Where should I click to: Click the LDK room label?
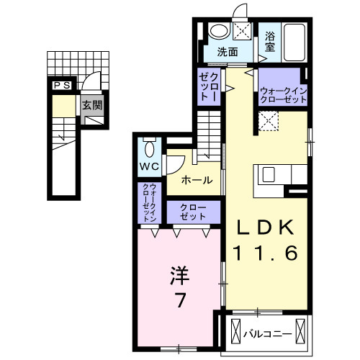266,228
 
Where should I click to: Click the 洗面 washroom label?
230,52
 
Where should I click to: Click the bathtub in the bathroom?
295,42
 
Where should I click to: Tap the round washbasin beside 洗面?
217,32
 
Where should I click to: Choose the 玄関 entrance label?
91,106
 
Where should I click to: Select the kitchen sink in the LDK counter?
268,175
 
